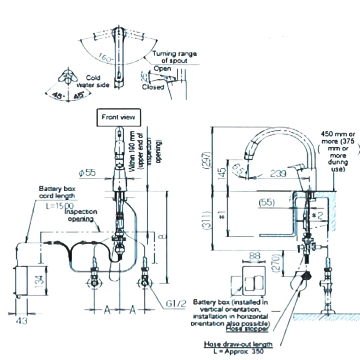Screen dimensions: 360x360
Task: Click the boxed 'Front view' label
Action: pos(118,117)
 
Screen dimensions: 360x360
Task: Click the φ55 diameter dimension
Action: pos(88,173)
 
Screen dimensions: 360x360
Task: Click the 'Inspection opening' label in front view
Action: pos(81,215)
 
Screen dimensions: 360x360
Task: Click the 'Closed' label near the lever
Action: pos(153,87)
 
